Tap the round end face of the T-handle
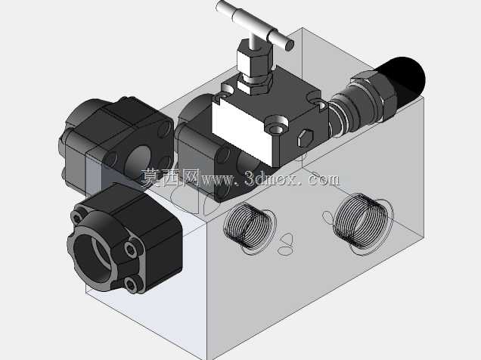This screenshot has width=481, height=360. coord(289,45)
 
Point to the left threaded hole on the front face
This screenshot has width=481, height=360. coord(249,228)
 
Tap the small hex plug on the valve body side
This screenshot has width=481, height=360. coord(306,138)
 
